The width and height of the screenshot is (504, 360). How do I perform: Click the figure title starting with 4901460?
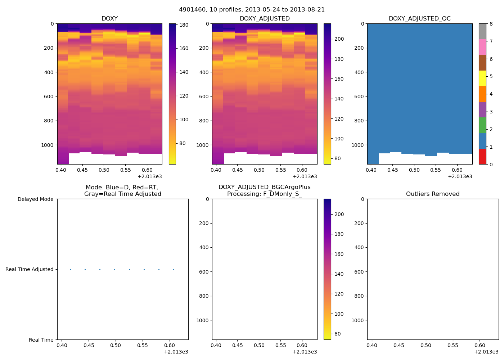coord(252,10)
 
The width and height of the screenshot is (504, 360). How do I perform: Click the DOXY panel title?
coord(109,19)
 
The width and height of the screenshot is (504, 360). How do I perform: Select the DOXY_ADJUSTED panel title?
coord(265,19)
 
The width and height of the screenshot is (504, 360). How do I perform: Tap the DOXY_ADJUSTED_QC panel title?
coord(419,19)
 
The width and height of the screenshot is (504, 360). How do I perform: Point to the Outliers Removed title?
coord(433,194)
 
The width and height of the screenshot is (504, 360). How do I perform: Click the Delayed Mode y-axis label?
coord(35,199)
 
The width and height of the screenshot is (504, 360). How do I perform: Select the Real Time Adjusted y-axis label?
coord(29,269)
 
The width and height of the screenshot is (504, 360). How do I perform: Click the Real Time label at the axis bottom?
coord(41,340)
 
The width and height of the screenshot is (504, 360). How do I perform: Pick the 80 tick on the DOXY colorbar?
coord(182,143)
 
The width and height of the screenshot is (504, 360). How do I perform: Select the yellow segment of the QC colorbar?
coord(482,78)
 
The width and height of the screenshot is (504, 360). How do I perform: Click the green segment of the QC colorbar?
coord(482,125)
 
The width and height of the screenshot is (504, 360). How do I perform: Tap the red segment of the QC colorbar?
coord(482,157)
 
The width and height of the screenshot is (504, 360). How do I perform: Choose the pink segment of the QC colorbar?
coord(482,47)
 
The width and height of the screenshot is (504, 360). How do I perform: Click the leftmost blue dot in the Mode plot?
coord(70,269)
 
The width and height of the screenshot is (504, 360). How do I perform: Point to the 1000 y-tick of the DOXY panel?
coord(47,145)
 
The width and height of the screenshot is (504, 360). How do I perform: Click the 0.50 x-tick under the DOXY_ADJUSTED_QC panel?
coord(414,170)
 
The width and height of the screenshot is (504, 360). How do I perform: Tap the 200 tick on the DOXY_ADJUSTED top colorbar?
coord(339,39)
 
